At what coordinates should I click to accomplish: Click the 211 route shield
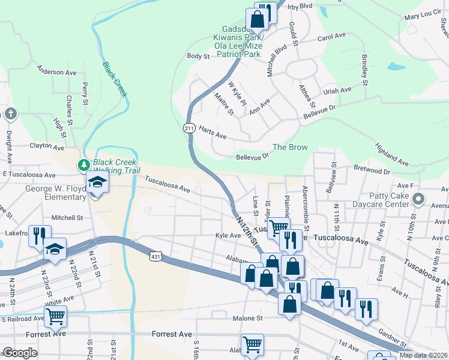[189, 128]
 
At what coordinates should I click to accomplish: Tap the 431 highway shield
[155, 256]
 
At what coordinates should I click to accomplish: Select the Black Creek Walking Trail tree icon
[85, 164]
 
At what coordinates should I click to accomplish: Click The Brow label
[290, 147]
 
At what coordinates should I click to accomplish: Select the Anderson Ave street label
[57, 72]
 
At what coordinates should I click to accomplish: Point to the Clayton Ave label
[47, 146]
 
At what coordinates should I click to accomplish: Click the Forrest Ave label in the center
[172, 334]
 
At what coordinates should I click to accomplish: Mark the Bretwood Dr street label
[372, 171]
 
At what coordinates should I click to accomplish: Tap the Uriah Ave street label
[337, 90]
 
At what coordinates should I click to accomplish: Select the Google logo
[20, 353]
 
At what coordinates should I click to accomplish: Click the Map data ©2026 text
[424, 355]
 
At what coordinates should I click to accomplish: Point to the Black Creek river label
[115, 80]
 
